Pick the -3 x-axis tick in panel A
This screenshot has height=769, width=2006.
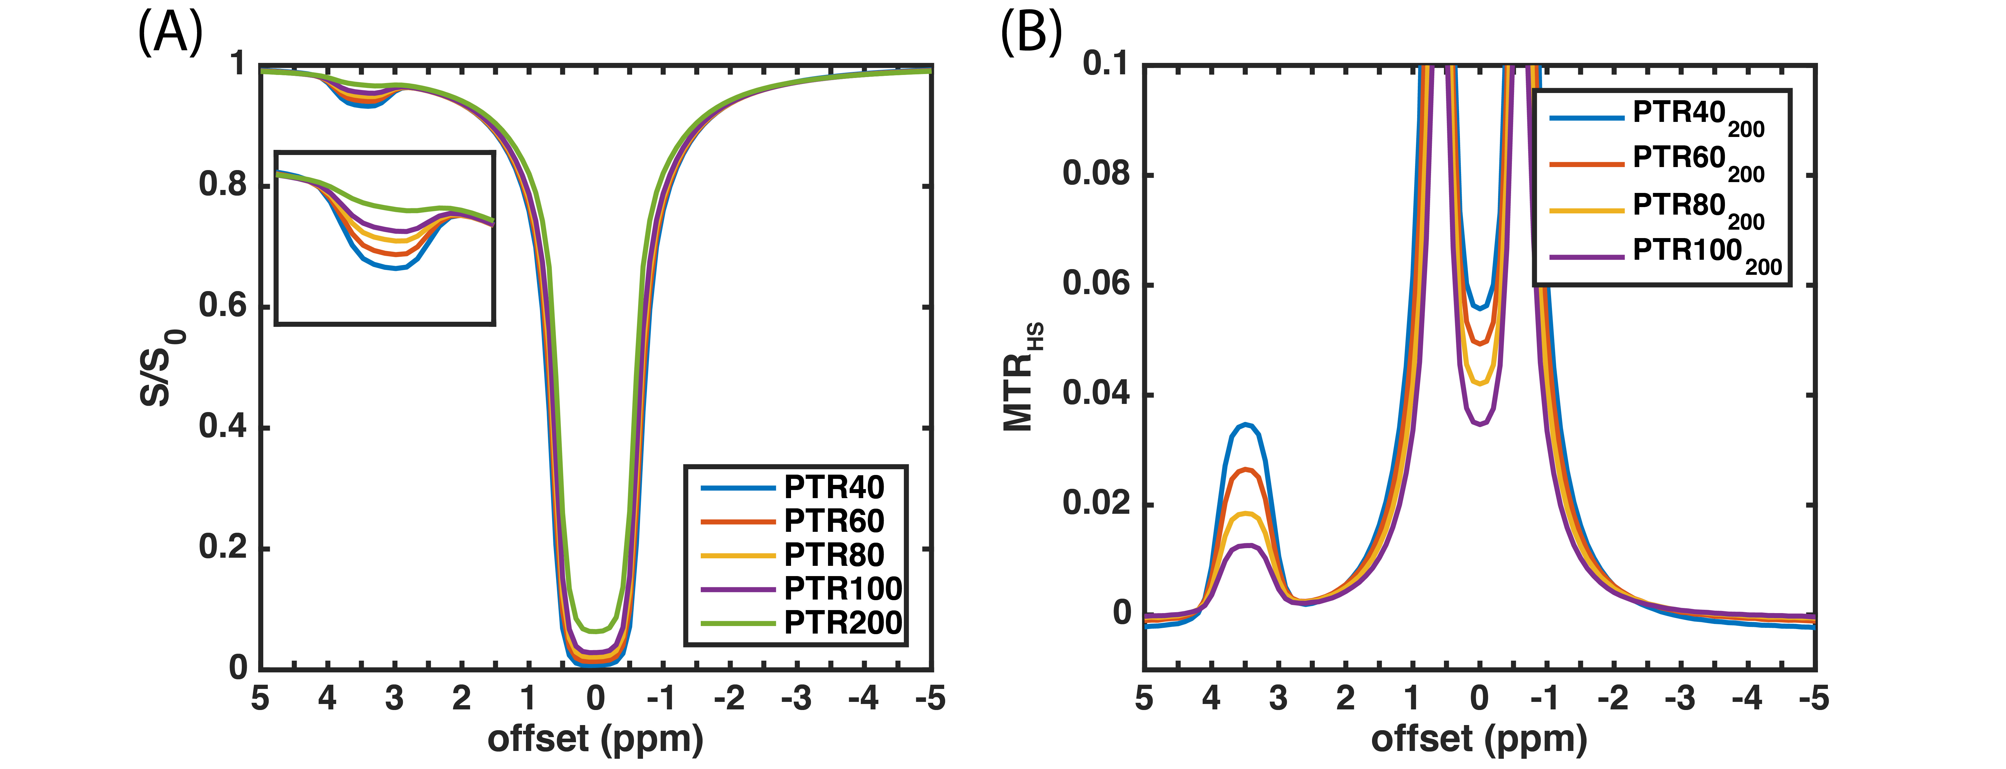click(x=796, y=698)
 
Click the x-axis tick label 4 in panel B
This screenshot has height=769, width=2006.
click(x=1211, y=698)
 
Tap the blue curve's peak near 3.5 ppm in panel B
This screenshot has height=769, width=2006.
click(x=1247, y=425)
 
